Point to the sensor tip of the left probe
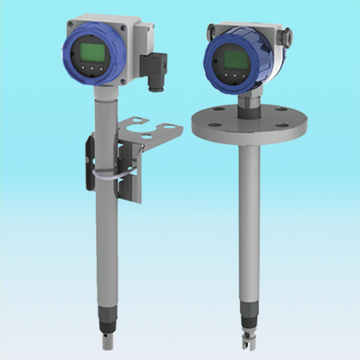(x=108, y=339)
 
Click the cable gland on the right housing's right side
(x=286, y=36)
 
